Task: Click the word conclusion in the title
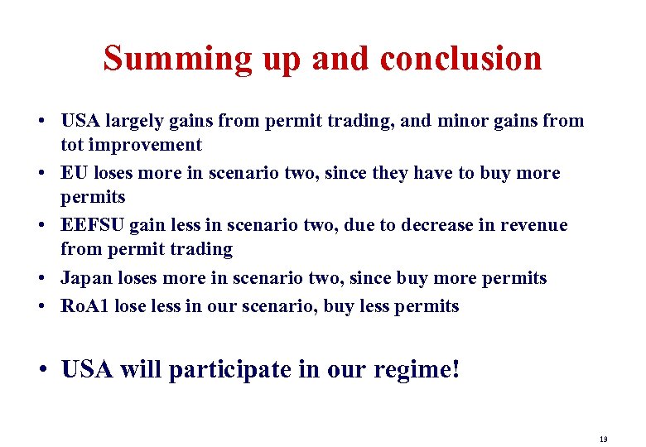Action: click(x=460, y=59)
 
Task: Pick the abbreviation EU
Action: click(x=75, y=173)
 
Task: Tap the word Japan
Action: click(x=86, y=278)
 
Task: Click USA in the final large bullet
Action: click(x=87, y=369)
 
